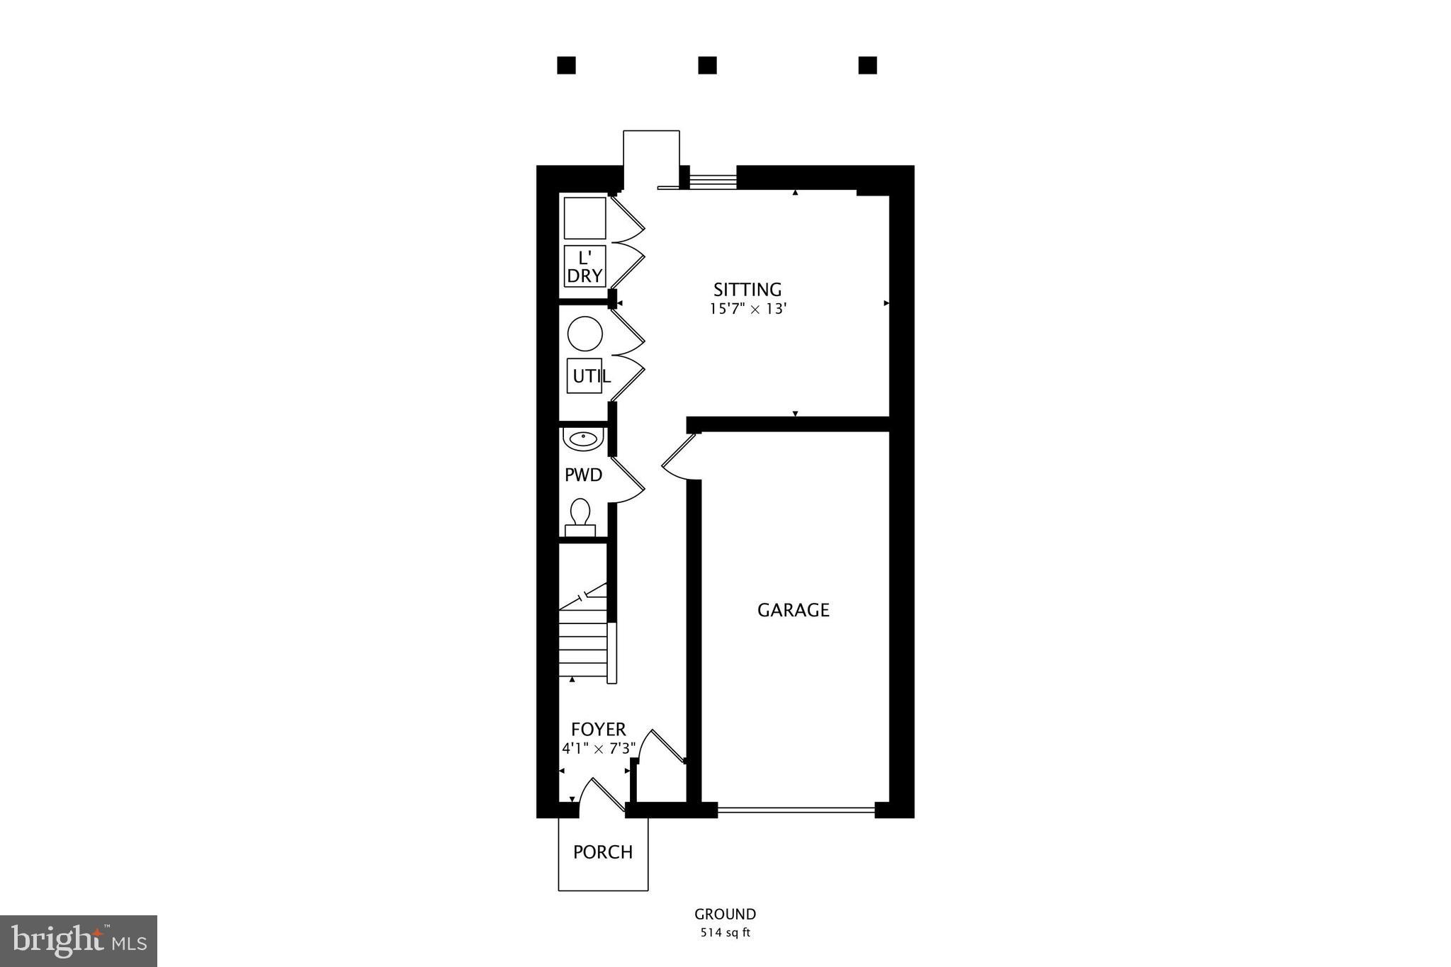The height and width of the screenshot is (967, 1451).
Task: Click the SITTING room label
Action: pos(747,290)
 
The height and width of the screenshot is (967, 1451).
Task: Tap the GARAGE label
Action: pos(793,610)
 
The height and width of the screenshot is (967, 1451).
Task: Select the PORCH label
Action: pos(603,852)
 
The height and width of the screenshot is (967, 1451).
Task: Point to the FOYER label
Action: pos(599,730)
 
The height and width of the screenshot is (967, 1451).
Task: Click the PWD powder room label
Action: pos(583,475)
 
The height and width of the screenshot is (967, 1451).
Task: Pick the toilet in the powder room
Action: pos(581,516)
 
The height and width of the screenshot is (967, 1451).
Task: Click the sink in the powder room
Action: pos(583,439)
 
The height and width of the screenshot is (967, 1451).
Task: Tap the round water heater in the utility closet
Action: pos(585,334)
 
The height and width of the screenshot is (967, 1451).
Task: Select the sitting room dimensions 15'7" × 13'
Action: pos(748,309)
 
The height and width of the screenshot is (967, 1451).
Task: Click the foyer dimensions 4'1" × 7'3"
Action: pos(599,749)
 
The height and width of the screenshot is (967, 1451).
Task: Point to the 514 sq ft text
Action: pos(725,933)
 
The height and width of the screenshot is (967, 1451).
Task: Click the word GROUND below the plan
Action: pos(725,915)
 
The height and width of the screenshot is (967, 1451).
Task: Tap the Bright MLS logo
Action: pos(79,941)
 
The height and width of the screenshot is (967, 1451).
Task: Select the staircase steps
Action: pos(583,645)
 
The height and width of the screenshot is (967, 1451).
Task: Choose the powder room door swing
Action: pos(628,480)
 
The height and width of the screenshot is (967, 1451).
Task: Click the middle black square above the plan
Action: pos(707,65)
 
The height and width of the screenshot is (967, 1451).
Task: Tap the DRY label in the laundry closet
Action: pos(585,276)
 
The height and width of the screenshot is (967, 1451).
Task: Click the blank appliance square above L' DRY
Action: pos(585,218)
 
